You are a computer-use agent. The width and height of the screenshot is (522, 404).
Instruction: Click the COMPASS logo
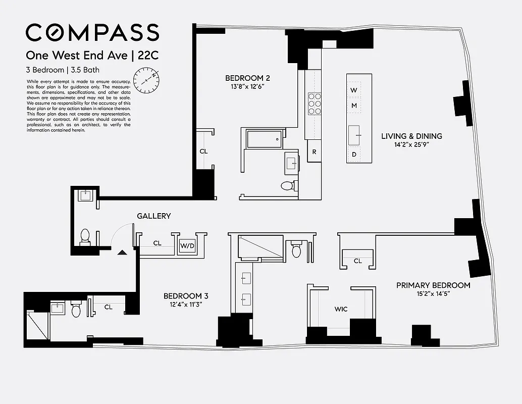(x=92, y=33)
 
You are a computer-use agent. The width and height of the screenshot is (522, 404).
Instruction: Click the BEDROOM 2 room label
(x=247, y=78)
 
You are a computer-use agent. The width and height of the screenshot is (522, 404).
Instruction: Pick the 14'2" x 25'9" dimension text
(x=411, y=145)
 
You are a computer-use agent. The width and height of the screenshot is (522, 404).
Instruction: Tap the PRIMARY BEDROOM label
(x=433, y=285)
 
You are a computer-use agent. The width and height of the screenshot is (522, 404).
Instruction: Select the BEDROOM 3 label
(x=185, y=296)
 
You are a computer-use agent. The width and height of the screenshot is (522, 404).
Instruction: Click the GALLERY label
(x=153, y=216)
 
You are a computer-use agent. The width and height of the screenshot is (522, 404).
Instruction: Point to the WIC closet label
(x=341, y=309)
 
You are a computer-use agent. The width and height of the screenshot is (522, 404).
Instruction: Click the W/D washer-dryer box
(x=187, y=246)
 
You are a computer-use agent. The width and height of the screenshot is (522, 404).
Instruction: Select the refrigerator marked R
(x=314, y=151)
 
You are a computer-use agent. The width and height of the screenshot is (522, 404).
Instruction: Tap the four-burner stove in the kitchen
(x=315, y=105)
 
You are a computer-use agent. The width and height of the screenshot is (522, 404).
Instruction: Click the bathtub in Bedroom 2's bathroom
(x=264, y=138)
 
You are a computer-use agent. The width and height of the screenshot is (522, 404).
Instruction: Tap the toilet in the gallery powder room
(x=85, y=236)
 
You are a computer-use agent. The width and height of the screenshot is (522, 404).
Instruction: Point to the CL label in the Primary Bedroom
(x=357, y=261)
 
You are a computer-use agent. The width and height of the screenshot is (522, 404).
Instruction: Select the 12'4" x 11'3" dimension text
(x=185, y=305)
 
